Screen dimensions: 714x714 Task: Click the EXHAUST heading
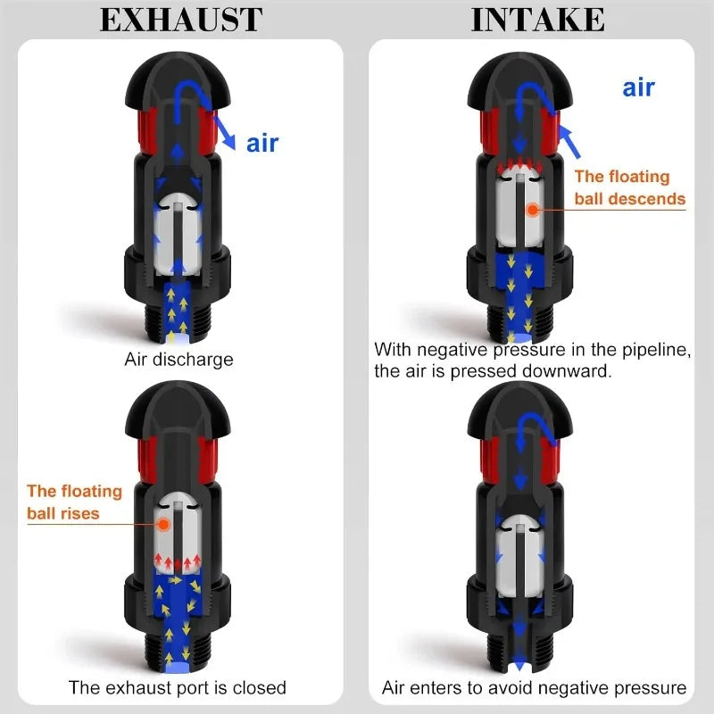[181, 20]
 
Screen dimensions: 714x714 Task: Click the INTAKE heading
[538, 20]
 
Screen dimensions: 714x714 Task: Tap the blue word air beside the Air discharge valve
[262, 144]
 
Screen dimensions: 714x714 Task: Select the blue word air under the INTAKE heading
[638, 87]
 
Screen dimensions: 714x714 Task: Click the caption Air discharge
[179, 360]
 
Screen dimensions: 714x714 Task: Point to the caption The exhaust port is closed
[177, 687]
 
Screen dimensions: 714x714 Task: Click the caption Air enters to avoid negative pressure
[534, 687]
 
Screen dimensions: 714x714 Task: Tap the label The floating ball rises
[75, 502]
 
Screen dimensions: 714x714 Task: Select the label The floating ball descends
[630, 187]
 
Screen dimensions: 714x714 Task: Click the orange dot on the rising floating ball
[163, 525]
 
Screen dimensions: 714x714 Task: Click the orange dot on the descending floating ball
[532, 210]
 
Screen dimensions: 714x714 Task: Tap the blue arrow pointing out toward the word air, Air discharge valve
[225, 132]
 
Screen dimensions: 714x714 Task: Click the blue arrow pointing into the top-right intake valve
[569, 142]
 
